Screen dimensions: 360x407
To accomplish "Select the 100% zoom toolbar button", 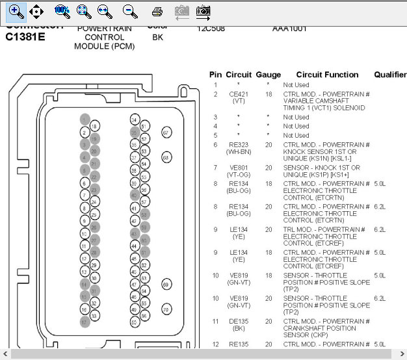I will click(62, 11).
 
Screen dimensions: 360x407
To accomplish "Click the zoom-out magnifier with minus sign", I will click(130, 11).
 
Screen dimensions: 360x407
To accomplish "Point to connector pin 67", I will click(166, 133).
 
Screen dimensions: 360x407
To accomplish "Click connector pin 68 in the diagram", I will click(166, 157).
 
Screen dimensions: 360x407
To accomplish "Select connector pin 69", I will click(166, 285).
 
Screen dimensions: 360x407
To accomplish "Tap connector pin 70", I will click(166, 309).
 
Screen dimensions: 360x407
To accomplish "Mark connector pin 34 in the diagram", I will click(134, 120).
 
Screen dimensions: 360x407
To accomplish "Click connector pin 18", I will click(94, 126).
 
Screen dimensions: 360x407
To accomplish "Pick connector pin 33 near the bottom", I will click(94, 316).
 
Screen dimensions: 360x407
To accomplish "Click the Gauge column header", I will click(268, 75).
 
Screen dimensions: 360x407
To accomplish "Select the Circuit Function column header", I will click(327, 75).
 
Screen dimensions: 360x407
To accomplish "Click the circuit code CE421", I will click(239, 94).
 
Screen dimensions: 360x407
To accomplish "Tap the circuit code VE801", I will click(239, 168).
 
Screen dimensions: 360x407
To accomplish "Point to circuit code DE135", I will click(239, 321).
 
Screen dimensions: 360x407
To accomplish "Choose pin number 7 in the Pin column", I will click(215, 168).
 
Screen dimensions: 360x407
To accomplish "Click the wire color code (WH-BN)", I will click(239, 151).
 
